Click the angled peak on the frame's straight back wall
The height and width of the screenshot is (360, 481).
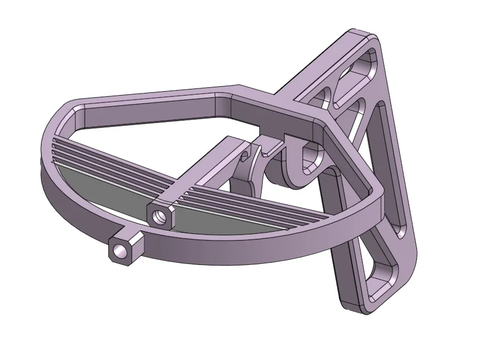[x=239, y=88]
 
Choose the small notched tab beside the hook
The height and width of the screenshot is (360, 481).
[x=270, y=147]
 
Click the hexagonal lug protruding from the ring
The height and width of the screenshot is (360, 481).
[x=127, y=248]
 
